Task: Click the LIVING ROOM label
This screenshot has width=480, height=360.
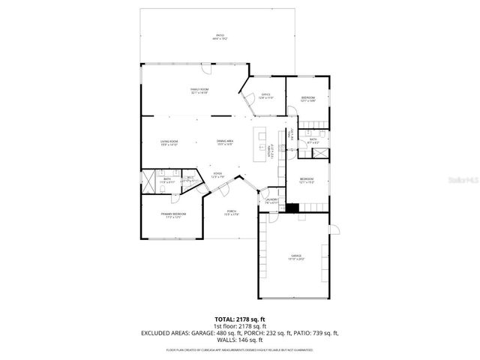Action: click(x=169, y=142)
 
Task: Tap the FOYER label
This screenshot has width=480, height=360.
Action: click(x=217, y=175)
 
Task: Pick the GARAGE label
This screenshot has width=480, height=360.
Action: click(x=296, y=257)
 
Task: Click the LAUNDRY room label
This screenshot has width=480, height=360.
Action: click(x=271, y=200)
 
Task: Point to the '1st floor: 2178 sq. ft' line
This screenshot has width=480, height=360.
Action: click(x=239, y=327)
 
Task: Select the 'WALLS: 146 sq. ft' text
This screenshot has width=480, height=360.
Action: click(x=239, y=340)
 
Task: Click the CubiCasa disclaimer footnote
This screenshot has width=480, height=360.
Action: click(x=239, y=349)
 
